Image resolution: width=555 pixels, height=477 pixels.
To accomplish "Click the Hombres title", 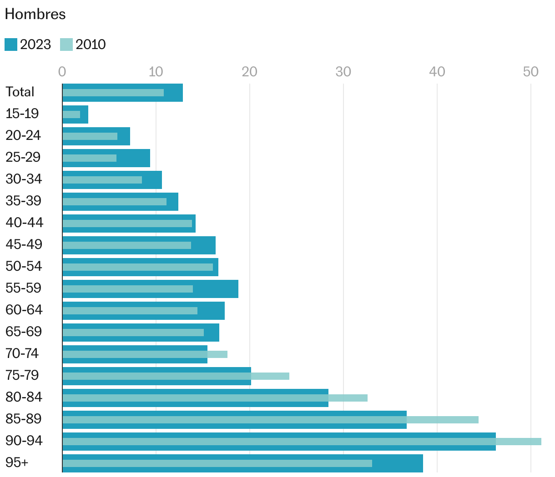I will (x=35, y=15).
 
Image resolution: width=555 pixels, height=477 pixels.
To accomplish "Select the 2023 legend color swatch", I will (x=11, y=45).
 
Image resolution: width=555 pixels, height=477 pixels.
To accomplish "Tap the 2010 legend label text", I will (x=91, y=45).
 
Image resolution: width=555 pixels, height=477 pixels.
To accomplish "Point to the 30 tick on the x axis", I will (x=343, y=72).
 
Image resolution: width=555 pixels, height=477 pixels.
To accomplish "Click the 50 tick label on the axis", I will (x=530, y=72).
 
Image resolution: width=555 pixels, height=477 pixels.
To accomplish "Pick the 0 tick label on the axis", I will (x=62, y=72).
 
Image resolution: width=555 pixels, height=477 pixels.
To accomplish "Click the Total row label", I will (x=20, y=92).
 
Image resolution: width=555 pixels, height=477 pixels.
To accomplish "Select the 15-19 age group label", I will (x=22, y=114).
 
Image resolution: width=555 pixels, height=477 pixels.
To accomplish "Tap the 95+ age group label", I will (x=17, y=463).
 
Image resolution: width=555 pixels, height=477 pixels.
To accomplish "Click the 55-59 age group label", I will (x=24, y=288).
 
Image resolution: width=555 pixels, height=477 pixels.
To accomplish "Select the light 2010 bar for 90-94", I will (x=300, y=442).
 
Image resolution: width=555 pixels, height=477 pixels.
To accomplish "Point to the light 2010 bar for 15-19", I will (x=71, y=114).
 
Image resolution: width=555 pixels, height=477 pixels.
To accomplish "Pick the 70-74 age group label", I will (x=22, y=354).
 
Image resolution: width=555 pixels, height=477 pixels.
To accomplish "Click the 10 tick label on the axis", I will (x=156, y=72).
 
